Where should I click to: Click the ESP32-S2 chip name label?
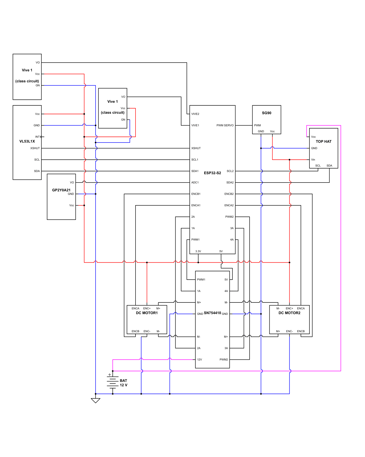click(x=212, y=173)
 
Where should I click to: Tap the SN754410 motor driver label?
click(x=212, y=313)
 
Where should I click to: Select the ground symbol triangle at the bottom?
click(x=96, y=401)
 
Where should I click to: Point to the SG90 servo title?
click(x=267, y=113)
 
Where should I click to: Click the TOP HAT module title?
click(x=323, y=141)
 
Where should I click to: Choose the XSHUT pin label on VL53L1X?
click(x=35, y=148)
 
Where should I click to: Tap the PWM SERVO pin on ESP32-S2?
click(x=225, y=125)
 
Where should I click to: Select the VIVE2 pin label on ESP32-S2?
click(x=195, y=114)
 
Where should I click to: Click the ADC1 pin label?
click(x=195, y=183)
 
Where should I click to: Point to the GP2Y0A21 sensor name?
click(x=61, y=190)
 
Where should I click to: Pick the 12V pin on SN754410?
click(x=199, y=360)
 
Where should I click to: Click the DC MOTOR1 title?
click(x=147, y=313)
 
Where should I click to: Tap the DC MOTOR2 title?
click(x=289, y=313)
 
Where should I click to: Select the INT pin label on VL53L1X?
click(x=37, y=137)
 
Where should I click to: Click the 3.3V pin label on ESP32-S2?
click(x=198, y=251)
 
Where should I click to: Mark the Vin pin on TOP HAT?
click(x=313, y=160)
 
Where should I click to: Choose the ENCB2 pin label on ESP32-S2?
click(x=229, y=194)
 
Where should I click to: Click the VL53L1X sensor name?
click(x=27, y=141)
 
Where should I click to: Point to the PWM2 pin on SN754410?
click(x=224, y=360)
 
